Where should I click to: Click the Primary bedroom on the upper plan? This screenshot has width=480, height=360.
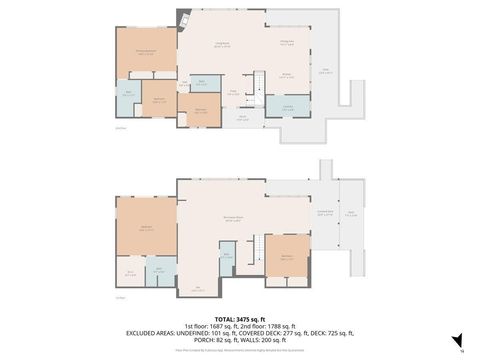(x=145, y=53)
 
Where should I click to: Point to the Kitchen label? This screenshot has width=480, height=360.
(x=286, y=75)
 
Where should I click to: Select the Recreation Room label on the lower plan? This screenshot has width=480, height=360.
(x=233, y=218)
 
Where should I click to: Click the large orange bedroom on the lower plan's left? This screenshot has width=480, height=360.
(x=146, y=228)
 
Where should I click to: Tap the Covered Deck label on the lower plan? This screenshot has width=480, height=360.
(x=325, y=213)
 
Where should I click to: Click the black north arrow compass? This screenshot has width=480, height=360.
(x=457, y=340)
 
